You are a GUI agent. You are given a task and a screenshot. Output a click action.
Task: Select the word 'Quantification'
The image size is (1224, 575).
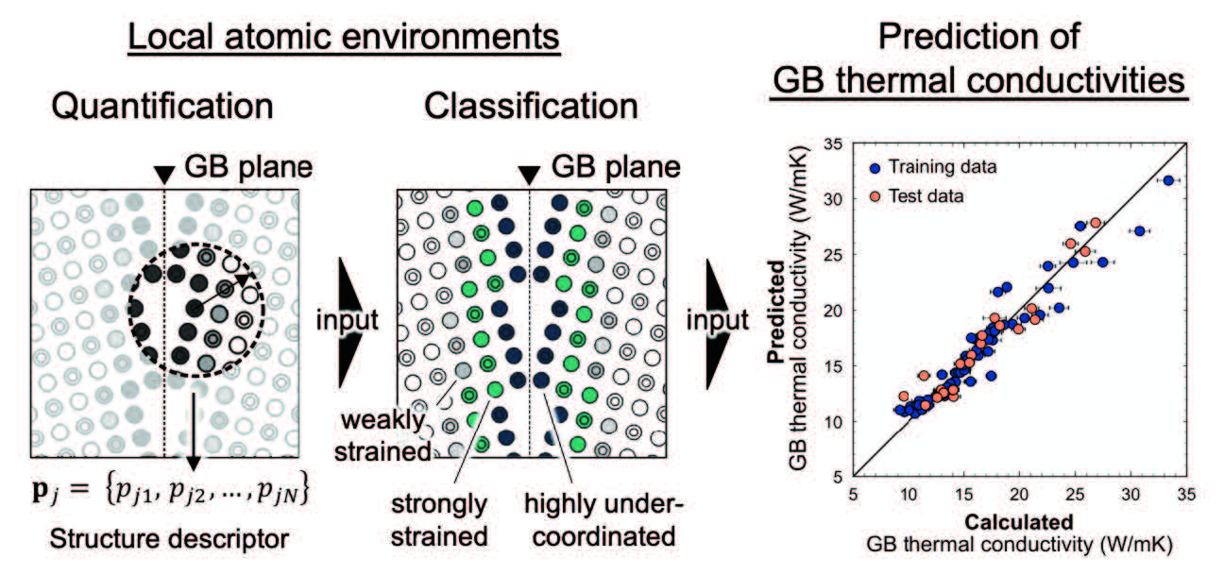[161, 106]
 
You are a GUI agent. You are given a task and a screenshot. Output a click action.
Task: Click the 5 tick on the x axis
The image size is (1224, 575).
[854, 493]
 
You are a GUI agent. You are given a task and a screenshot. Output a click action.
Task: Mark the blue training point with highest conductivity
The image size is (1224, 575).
[1168, 180]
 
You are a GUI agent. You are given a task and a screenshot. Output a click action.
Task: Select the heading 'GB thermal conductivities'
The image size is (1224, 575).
[979, 81]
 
